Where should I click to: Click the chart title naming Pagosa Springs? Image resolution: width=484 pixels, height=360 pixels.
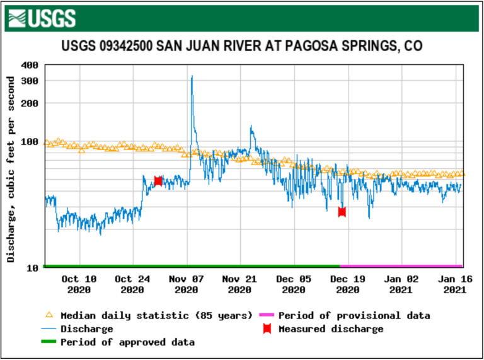click(242, 47)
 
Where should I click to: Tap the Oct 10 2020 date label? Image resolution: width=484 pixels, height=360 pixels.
click(79, 284)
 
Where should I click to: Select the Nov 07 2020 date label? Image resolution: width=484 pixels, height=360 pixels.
click(187, 284)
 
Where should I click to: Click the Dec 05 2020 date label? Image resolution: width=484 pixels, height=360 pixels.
click(294, 284)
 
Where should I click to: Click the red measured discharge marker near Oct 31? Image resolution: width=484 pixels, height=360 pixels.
click(158, 181)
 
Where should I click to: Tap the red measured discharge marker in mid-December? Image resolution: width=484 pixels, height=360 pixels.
click(342, 212)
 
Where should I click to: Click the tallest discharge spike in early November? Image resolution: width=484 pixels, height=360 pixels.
click(192, 78)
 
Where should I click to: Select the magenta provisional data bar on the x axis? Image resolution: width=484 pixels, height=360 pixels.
click(401, 266)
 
